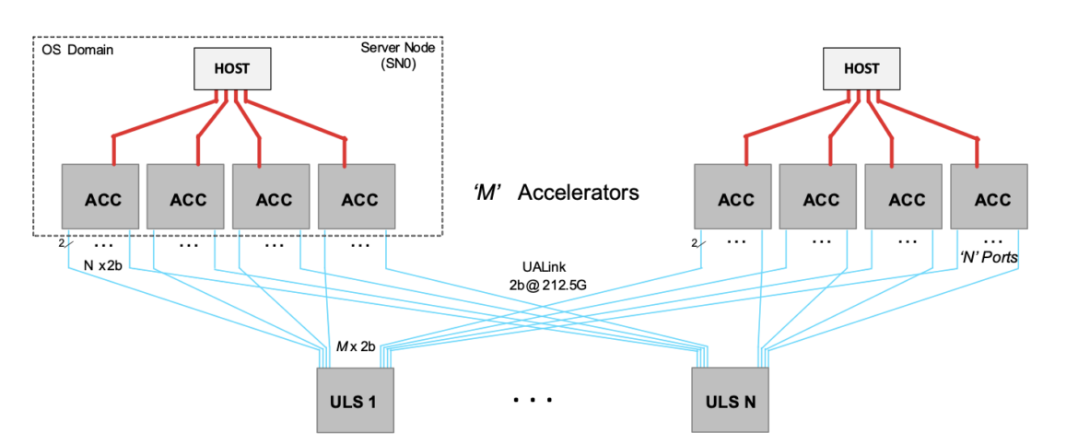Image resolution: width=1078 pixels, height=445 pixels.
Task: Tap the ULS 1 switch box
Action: (355, 401)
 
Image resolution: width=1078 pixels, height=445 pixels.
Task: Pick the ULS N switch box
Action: (731, 401)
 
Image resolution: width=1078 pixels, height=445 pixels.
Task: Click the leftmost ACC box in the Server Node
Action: (101, 196)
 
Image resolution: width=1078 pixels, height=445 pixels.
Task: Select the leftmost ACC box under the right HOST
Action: (734, 196)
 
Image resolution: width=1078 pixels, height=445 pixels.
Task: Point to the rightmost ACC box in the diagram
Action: (990, 196)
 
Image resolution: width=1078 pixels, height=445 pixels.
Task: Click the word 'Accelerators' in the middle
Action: (578, 193)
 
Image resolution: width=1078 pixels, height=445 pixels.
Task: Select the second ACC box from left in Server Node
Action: (186, 196)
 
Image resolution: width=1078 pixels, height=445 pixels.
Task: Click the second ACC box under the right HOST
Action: (819, 196)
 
